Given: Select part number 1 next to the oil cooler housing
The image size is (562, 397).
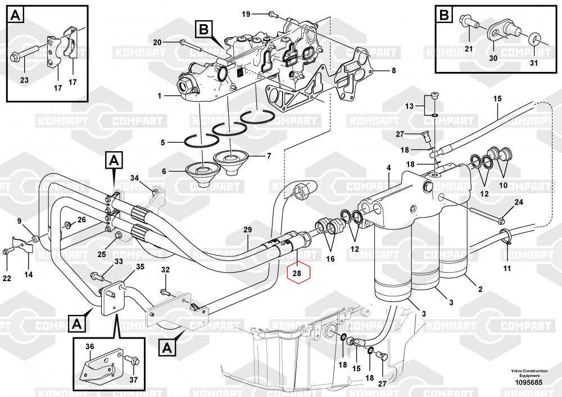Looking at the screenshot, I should click(159, 96).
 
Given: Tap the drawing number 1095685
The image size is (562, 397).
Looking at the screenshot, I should click(527, 384).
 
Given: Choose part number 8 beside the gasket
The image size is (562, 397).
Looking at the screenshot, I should click(393, 71).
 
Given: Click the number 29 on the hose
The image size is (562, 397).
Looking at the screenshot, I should click(247, 230).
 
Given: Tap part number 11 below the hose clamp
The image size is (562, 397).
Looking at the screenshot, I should click(507, 268).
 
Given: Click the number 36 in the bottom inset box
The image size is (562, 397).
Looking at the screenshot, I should click(90, 346).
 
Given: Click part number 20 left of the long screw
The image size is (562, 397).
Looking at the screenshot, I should click(157, 42).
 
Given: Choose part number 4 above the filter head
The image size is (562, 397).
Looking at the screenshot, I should click(388, 168).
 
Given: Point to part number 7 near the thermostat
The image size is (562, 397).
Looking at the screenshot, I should click(269, 155).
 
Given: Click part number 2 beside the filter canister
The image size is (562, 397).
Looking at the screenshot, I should click(480, 290).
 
